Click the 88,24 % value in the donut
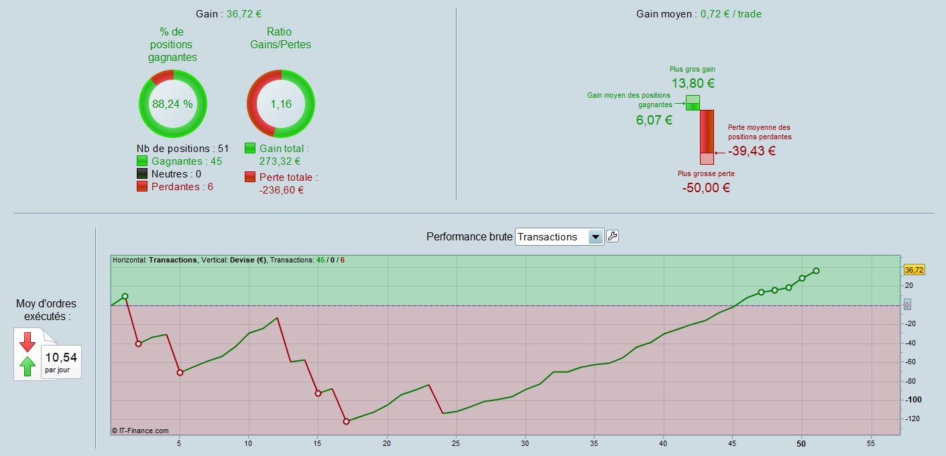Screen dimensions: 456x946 172,104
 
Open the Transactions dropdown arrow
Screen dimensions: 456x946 595,236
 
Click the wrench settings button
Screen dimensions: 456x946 612,236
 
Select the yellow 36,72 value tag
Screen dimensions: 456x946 914,270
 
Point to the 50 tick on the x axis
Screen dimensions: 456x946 801,443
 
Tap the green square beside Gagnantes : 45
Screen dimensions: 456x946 142,161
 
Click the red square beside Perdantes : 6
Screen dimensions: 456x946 142,186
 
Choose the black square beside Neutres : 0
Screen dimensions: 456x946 142,173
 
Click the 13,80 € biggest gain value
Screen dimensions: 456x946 693,84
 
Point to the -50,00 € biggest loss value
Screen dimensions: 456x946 706,187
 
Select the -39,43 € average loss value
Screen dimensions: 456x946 752,151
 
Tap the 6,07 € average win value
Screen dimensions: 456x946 654,121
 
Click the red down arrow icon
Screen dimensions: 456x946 27,341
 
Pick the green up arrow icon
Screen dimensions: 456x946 27,366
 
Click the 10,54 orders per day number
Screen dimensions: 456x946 61,358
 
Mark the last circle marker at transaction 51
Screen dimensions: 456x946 816,271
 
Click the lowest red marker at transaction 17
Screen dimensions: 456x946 346,421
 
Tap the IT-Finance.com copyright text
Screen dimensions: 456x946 141,431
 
